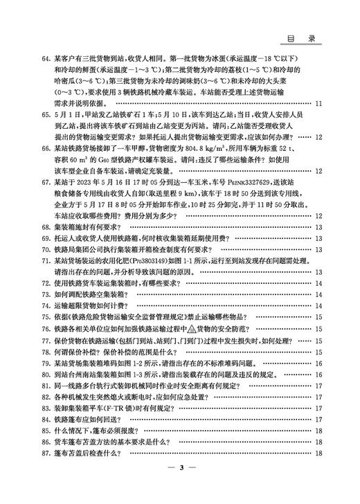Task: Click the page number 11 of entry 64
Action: point(318,104)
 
